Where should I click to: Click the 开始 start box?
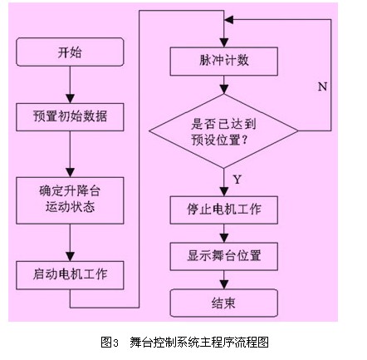pyautogui.click(x=70, y=52)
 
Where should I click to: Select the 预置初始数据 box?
pyautogui.click(x=70, y=117)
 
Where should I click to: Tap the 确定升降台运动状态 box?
pyautogui.click(x=70, y=200)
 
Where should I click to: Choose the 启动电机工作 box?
pyautogui.click(x=70, y=275)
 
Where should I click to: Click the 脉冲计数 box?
pyautogui.click(x=224, y=62)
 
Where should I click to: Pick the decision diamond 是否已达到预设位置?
pyautogui.click(x=223, y=131)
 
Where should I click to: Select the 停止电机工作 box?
pyautogui.click(x=224, y=210)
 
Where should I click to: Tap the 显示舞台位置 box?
pyautogui.click(x=224, y=256)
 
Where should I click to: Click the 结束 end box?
pyautogui.click(x=224, y=303)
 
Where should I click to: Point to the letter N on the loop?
pyautogui.click(x=322, y=86)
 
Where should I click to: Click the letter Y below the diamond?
pyautogui.click(x=237, y=180)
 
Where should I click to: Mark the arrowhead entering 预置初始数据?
pyautogui.click(x=70, y=99)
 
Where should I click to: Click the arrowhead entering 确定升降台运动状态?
pyautogui.click(x=70, y=173)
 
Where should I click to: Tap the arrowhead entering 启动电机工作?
pyautogui.click(x=70, y=257)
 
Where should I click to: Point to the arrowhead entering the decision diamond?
pyautogui.click(x=224, y=90)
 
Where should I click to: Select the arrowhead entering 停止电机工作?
pyautogui.click(x=224, y=192)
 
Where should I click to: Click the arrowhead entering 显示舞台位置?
pyautogui.click(x=224, y=239)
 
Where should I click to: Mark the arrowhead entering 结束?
pyautogui.click(x=224, y=284)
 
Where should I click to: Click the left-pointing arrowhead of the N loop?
pyautogui.click(x=229, y=20)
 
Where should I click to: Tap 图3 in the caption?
pyautogui.click(x=110, y=343)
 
